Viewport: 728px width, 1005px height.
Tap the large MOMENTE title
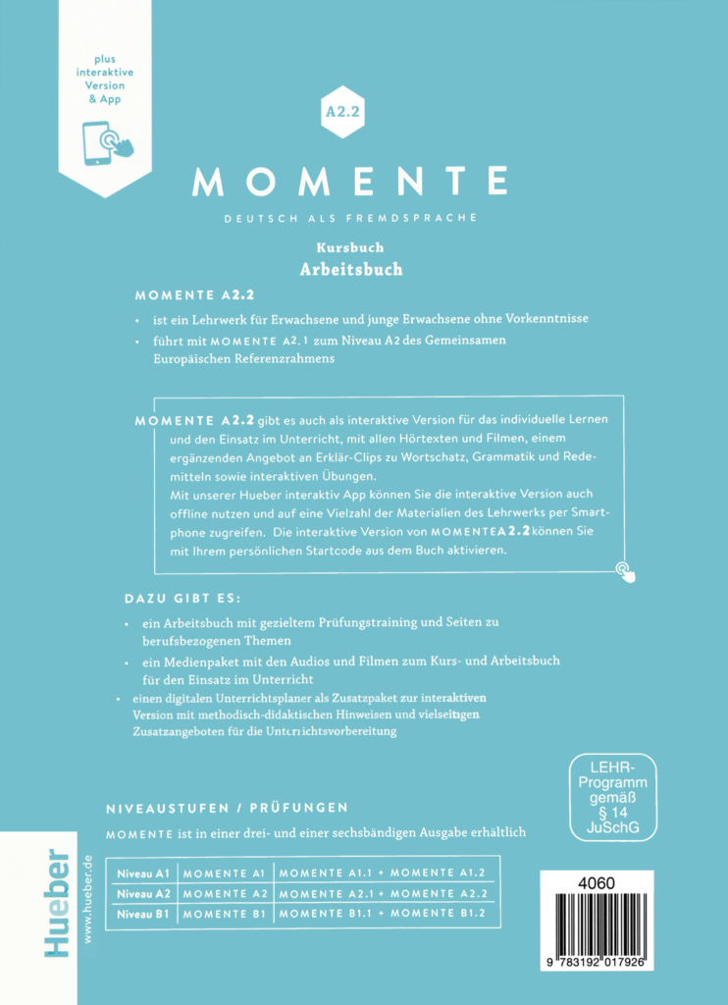pos(350,181)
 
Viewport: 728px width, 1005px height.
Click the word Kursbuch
pos(349,248)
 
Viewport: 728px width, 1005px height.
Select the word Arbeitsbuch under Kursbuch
pos(350,269)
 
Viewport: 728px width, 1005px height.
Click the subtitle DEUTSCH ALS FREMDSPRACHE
pos(350,216)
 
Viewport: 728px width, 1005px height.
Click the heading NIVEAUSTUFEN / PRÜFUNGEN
pos(226,808)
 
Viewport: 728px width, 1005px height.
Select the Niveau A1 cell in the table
pos(143,873)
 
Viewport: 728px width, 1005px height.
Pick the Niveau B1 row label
pos(143,915)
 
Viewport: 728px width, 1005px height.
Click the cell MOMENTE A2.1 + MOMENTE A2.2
pos(385,894)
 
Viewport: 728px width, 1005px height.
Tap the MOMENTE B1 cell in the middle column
pos(225,915)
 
